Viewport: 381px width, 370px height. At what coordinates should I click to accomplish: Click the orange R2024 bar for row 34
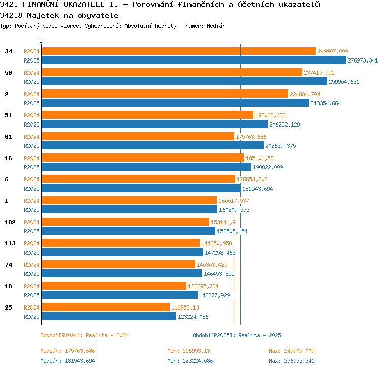coord(179,51)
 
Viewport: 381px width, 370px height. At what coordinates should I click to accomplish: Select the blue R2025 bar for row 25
coord(109,316)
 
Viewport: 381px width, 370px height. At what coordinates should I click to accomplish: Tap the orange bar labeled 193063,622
coord(147,115)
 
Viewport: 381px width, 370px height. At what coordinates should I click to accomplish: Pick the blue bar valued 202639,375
coord(152,146)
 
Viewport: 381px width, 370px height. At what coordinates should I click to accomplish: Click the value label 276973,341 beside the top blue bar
coord(363,60)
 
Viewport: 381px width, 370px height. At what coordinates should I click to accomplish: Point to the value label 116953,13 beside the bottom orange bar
coord(185,307)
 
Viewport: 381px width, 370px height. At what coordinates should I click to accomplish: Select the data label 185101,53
coord(260,158)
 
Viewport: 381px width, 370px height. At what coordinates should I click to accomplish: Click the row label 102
coord(10,222)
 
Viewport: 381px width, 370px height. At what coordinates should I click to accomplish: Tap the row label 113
coord(10,243)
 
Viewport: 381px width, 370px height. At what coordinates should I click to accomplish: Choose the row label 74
coord(8,265)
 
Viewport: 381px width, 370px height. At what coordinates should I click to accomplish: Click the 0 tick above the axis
coord(41,41)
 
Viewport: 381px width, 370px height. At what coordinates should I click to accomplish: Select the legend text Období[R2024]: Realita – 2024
coord(84,335)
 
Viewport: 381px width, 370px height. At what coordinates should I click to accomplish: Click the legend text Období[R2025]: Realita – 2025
coord(237,335)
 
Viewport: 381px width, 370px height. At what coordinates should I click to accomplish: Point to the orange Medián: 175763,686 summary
coord(68,351)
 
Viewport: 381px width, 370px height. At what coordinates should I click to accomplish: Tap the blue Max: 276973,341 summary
coord(292,361)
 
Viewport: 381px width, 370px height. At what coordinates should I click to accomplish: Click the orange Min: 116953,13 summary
coord(188,351)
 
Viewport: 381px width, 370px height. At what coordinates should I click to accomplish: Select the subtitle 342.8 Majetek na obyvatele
coord(59,16)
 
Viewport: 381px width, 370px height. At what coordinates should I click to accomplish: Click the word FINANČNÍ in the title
coord(40,4)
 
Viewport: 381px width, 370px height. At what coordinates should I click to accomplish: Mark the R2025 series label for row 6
coord(31,189)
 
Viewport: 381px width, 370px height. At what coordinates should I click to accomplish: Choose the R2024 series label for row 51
coord(31,115)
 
